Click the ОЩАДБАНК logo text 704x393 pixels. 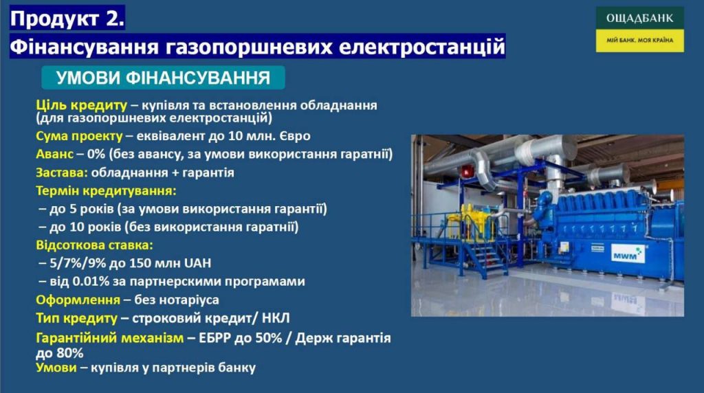pos(640,19)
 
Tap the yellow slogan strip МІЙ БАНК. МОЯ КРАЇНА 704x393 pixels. pos(640,41)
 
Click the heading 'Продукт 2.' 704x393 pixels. pos(67,19)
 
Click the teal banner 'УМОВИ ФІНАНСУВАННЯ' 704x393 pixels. pos(163,78)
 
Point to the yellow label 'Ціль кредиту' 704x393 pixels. pos(81,105)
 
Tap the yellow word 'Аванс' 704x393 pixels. pos(54,154)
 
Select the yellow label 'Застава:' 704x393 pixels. pos(62,172)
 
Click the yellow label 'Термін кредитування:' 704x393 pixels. pos(107,191)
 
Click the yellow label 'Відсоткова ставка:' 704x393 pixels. pos(94,245)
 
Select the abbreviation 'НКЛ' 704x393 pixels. pos(276,318)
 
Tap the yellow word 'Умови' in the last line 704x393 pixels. pos(56,368)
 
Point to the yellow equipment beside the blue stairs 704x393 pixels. pos(475,221)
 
